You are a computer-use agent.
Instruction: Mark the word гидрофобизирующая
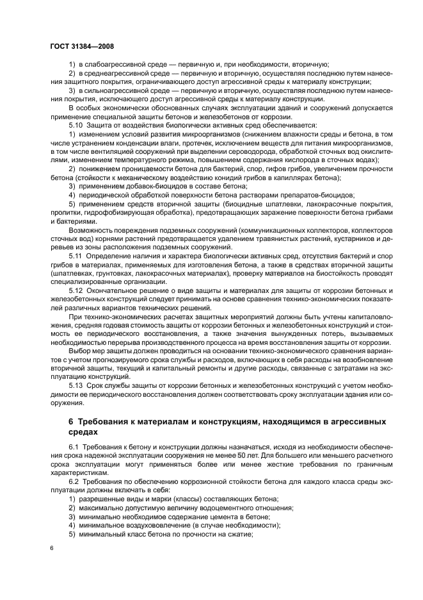[121, 212]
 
